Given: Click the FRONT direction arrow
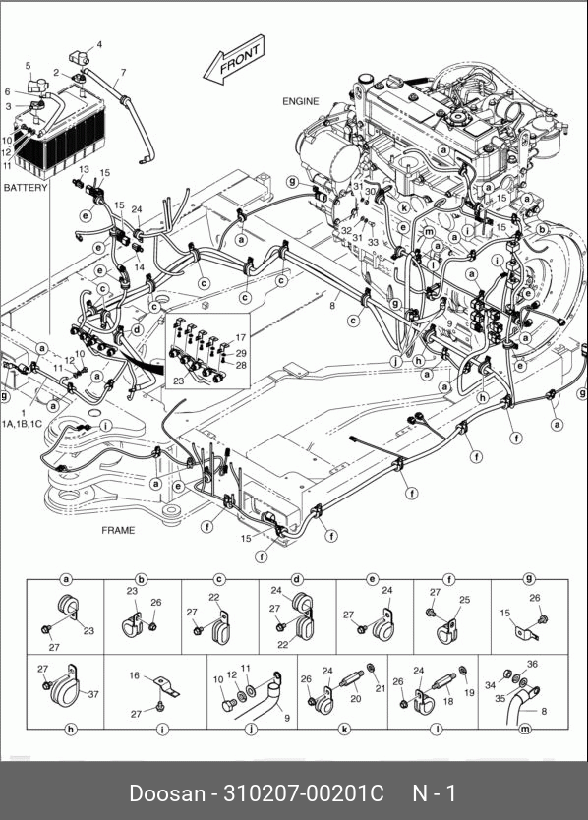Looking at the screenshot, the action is coord(234,60).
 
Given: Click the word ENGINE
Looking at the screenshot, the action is coord(300,101).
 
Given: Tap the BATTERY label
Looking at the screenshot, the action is coord(26,187).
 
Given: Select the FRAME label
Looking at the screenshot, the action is coord(118,530).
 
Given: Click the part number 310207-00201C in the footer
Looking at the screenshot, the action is coord(304,792).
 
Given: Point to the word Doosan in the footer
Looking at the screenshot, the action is coord(167,792).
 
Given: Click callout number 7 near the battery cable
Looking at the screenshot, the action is coord(123,72).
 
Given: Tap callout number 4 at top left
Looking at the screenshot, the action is coord(99,45).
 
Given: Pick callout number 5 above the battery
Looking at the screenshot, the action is coord(29,65).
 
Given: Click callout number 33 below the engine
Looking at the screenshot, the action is coord(373,242).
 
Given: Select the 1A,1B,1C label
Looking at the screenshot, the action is coord(22,424).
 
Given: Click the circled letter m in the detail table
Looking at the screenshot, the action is coord(525,729).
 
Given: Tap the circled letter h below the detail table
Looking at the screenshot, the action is coord(71,729).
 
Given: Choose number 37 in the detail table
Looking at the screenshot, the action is coord(93,694).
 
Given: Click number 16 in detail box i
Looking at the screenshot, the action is coord(135,675).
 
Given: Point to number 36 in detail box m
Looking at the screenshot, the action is coord(532,664).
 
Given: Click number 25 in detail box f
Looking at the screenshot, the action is coord(464,600).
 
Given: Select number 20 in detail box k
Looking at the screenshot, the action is coord(356,699).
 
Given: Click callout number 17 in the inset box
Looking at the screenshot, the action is coord(240,338).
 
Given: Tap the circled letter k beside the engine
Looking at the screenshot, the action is coord(404,207).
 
